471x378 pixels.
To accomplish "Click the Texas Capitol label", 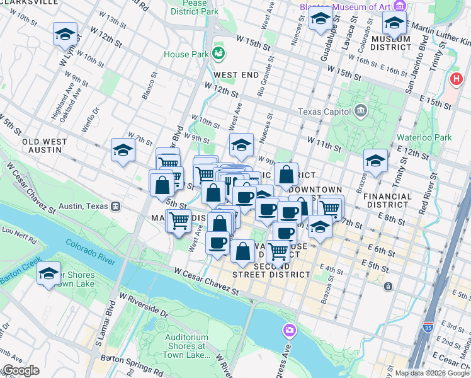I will click(x=324, y=112).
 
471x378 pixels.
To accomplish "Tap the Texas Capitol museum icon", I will click(x=361, y=112).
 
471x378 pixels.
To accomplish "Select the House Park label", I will click(x=186, y=54).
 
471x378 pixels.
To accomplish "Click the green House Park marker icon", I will click(x=219, y=52).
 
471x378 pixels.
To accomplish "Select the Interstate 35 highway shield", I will click(x=428, y=364).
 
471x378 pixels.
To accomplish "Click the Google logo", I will click(x=20, y=370).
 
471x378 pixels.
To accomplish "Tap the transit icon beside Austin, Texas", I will click(x=116, y=206).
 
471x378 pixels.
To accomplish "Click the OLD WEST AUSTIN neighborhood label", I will click(x=42, y=146).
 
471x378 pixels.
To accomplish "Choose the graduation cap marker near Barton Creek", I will click(x=48, y=274).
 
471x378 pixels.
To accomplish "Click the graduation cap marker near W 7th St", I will click(x=123, y=150).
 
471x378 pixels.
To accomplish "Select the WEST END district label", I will click(x=235, y=74).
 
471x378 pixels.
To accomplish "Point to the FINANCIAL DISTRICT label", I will click(x=387, y=200).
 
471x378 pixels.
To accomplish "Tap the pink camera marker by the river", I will click(x=290, y=330).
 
